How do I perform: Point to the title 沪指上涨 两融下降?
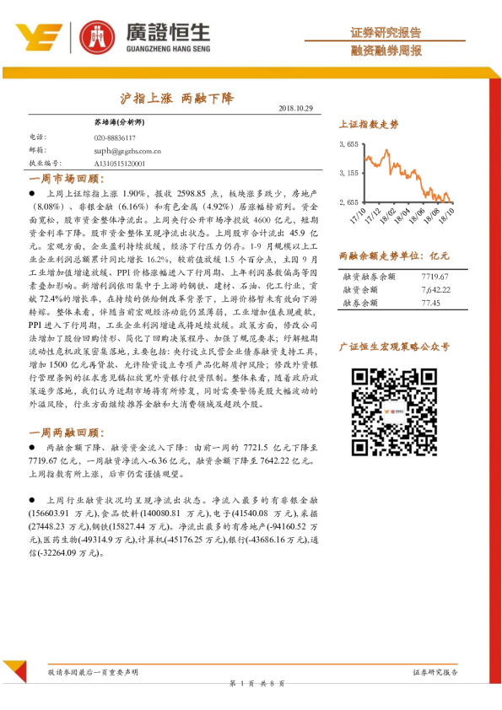(x=173, y=98)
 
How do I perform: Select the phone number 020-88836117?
(x=115, y=137)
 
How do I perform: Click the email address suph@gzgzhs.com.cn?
(x=128, y=150)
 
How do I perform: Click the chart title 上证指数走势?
(x=369, y=124)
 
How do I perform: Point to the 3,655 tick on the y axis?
(x=350, y=145)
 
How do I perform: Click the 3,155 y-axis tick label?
(x=350, y=174)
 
